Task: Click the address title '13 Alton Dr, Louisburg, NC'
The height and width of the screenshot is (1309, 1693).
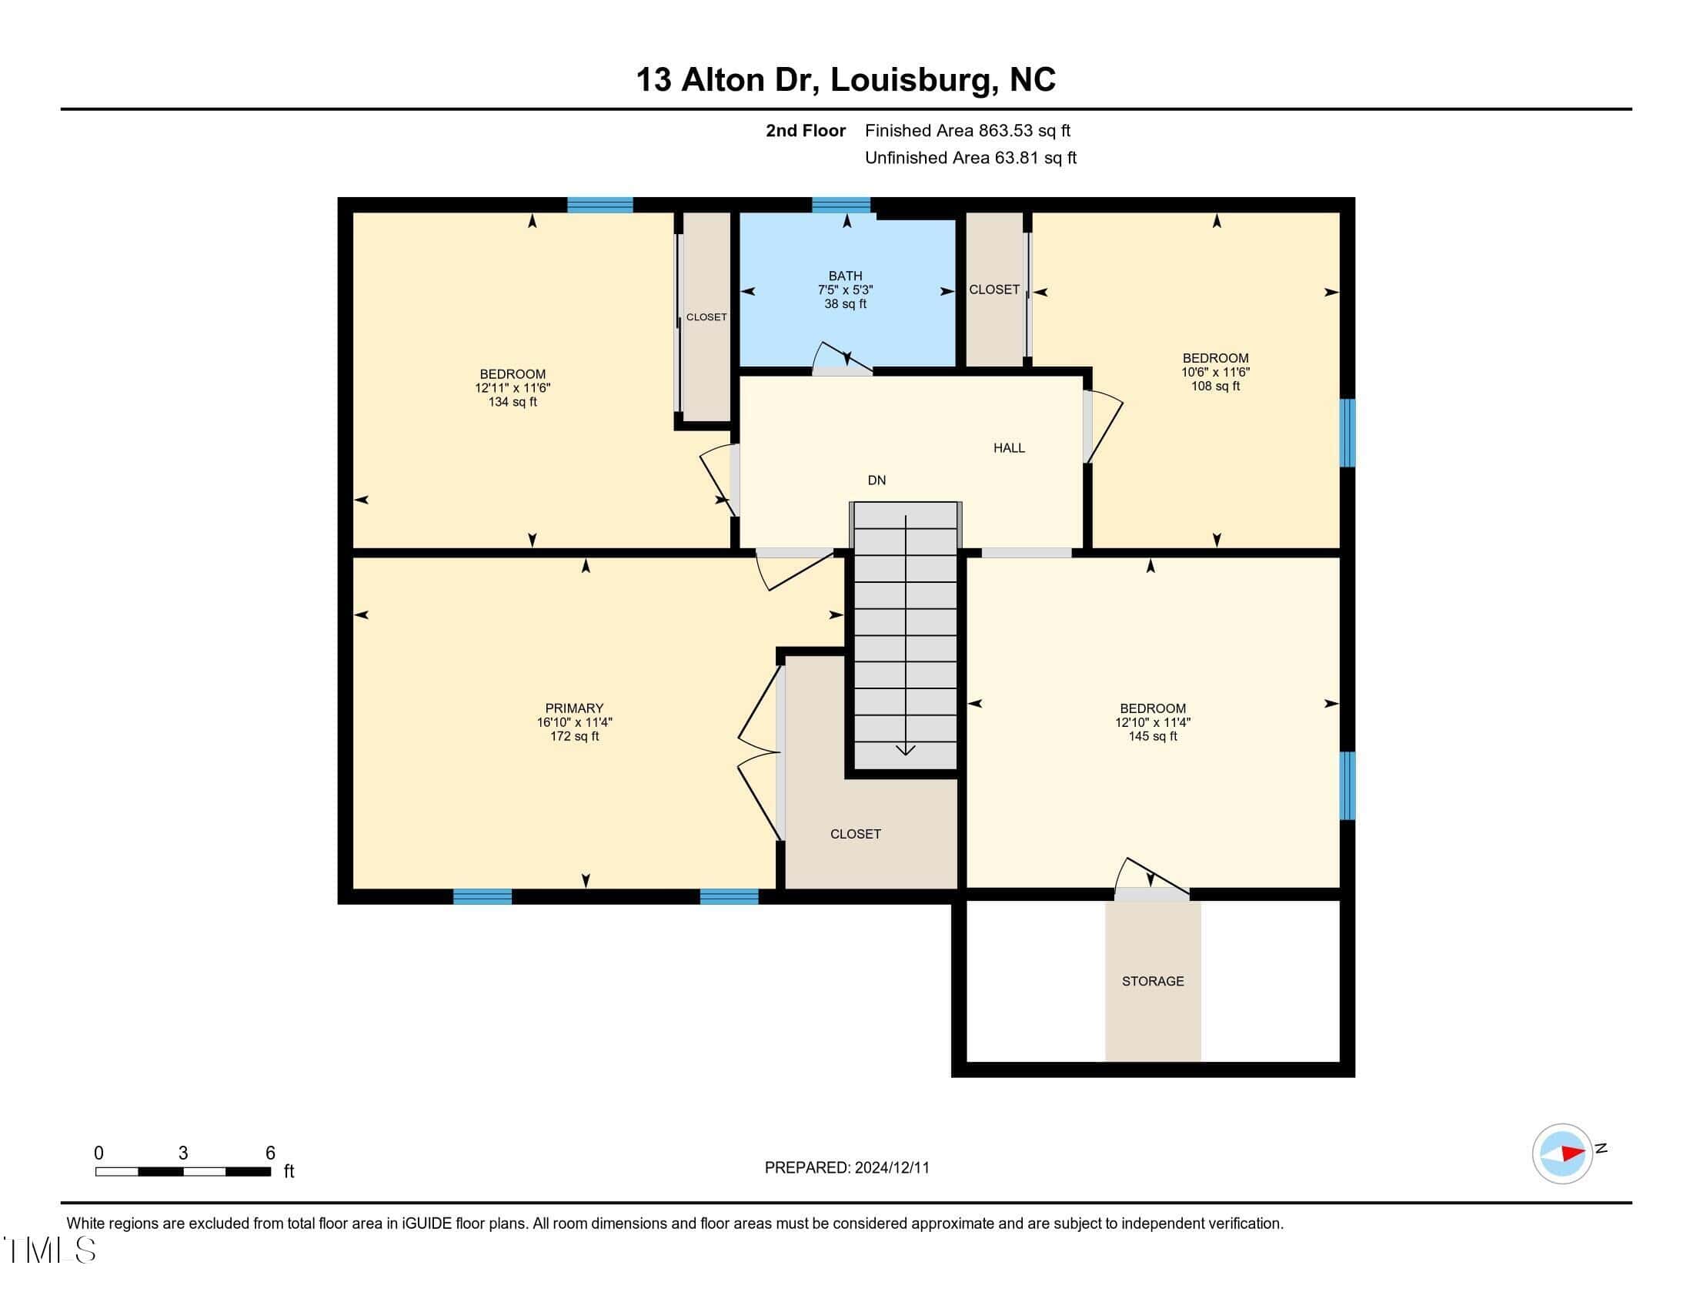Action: point(846,80)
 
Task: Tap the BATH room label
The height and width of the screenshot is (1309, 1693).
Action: point(845,276)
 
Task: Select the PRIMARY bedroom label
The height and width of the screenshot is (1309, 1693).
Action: point(573,708)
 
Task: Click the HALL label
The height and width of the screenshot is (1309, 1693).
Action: point(1009,447)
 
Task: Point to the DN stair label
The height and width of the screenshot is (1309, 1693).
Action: point(877,480)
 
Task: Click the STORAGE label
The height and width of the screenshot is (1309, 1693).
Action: point(1153,981)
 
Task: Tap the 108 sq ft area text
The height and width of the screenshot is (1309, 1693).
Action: point(1215,387)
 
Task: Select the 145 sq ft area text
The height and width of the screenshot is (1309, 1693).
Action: point(1153,736)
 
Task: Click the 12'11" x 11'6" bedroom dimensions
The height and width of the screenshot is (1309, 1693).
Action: point(513,388)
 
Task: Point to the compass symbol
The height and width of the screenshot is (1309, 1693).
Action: point(1562,1153)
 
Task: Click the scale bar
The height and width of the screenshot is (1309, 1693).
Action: point(183,1171)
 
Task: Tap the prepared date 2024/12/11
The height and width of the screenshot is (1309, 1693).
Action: point(891,1168)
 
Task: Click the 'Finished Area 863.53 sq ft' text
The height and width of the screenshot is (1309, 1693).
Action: point(967,131)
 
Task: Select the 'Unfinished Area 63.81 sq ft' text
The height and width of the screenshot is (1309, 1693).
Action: point(970,158)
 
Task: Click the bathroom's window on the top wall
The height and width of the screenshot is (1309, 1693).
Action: point(841,205)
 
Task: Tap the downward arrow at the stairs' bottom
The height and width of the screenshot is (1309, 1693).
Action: point(906,749)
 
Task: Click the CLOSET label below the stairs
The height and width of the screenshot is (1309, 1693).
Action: point(855,834)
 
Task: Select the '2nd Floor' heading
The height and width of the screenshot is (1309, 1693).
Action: point(806,131)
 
